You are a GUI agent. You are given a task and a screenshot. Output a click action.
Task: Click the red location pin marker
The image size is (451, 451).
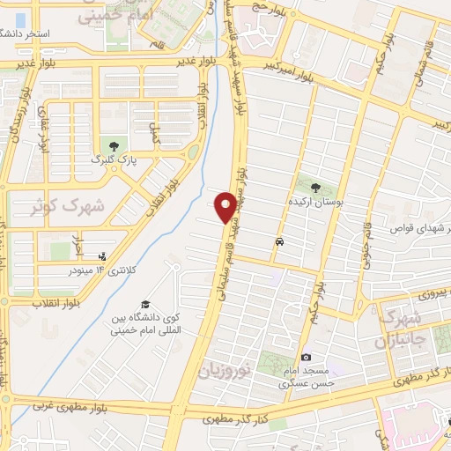click(x=226, y=207)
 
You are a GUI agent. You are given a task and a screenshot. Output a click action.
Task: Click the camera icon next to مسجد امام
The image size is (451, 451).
click(x=306, y=357)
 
